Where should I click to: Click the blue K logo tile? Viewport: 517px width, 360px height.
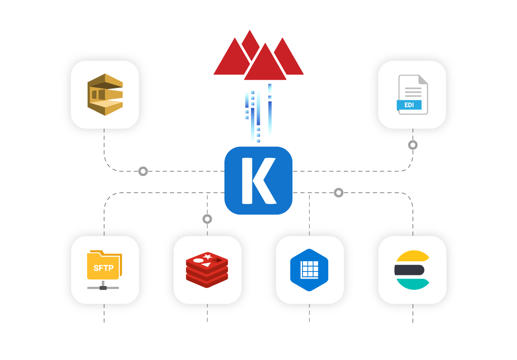258,181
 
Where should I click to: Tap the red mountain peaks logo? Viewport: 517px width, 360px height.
258,56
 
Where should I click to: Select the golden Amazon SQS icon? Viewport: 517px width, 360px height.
105,95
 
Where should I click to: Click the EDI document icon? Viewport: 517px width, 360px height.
412,95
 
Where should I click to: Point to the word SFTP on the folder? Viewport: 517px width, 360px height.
103,268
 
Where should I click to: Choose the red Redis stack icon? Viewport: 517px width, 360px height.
207,270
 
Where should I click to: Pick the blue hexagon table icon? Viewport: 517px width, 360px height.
309,270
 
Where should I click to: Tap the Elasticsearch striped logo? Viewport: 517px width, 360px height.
412,270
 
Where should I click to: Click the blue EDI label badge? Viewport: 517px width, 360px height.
409,105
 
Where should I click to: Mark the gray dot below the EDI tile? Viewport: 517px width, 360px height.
413,145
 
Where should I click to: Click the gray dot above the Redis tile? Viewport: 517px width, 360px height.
207,219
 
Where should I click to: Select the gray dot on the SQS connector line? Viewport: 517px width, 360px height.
143,171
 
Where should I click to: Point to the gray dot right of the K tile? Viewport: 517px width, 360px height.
339,192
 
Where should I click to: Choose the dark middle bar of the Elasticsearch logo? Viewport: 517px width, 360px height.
409,270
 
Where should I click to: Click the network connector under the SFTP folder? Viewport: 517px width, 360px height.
103,287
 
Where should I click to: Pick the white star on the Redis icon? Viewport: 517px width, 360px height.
208,256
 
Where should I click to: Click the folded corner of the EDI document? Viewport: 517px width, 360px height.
422,80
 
